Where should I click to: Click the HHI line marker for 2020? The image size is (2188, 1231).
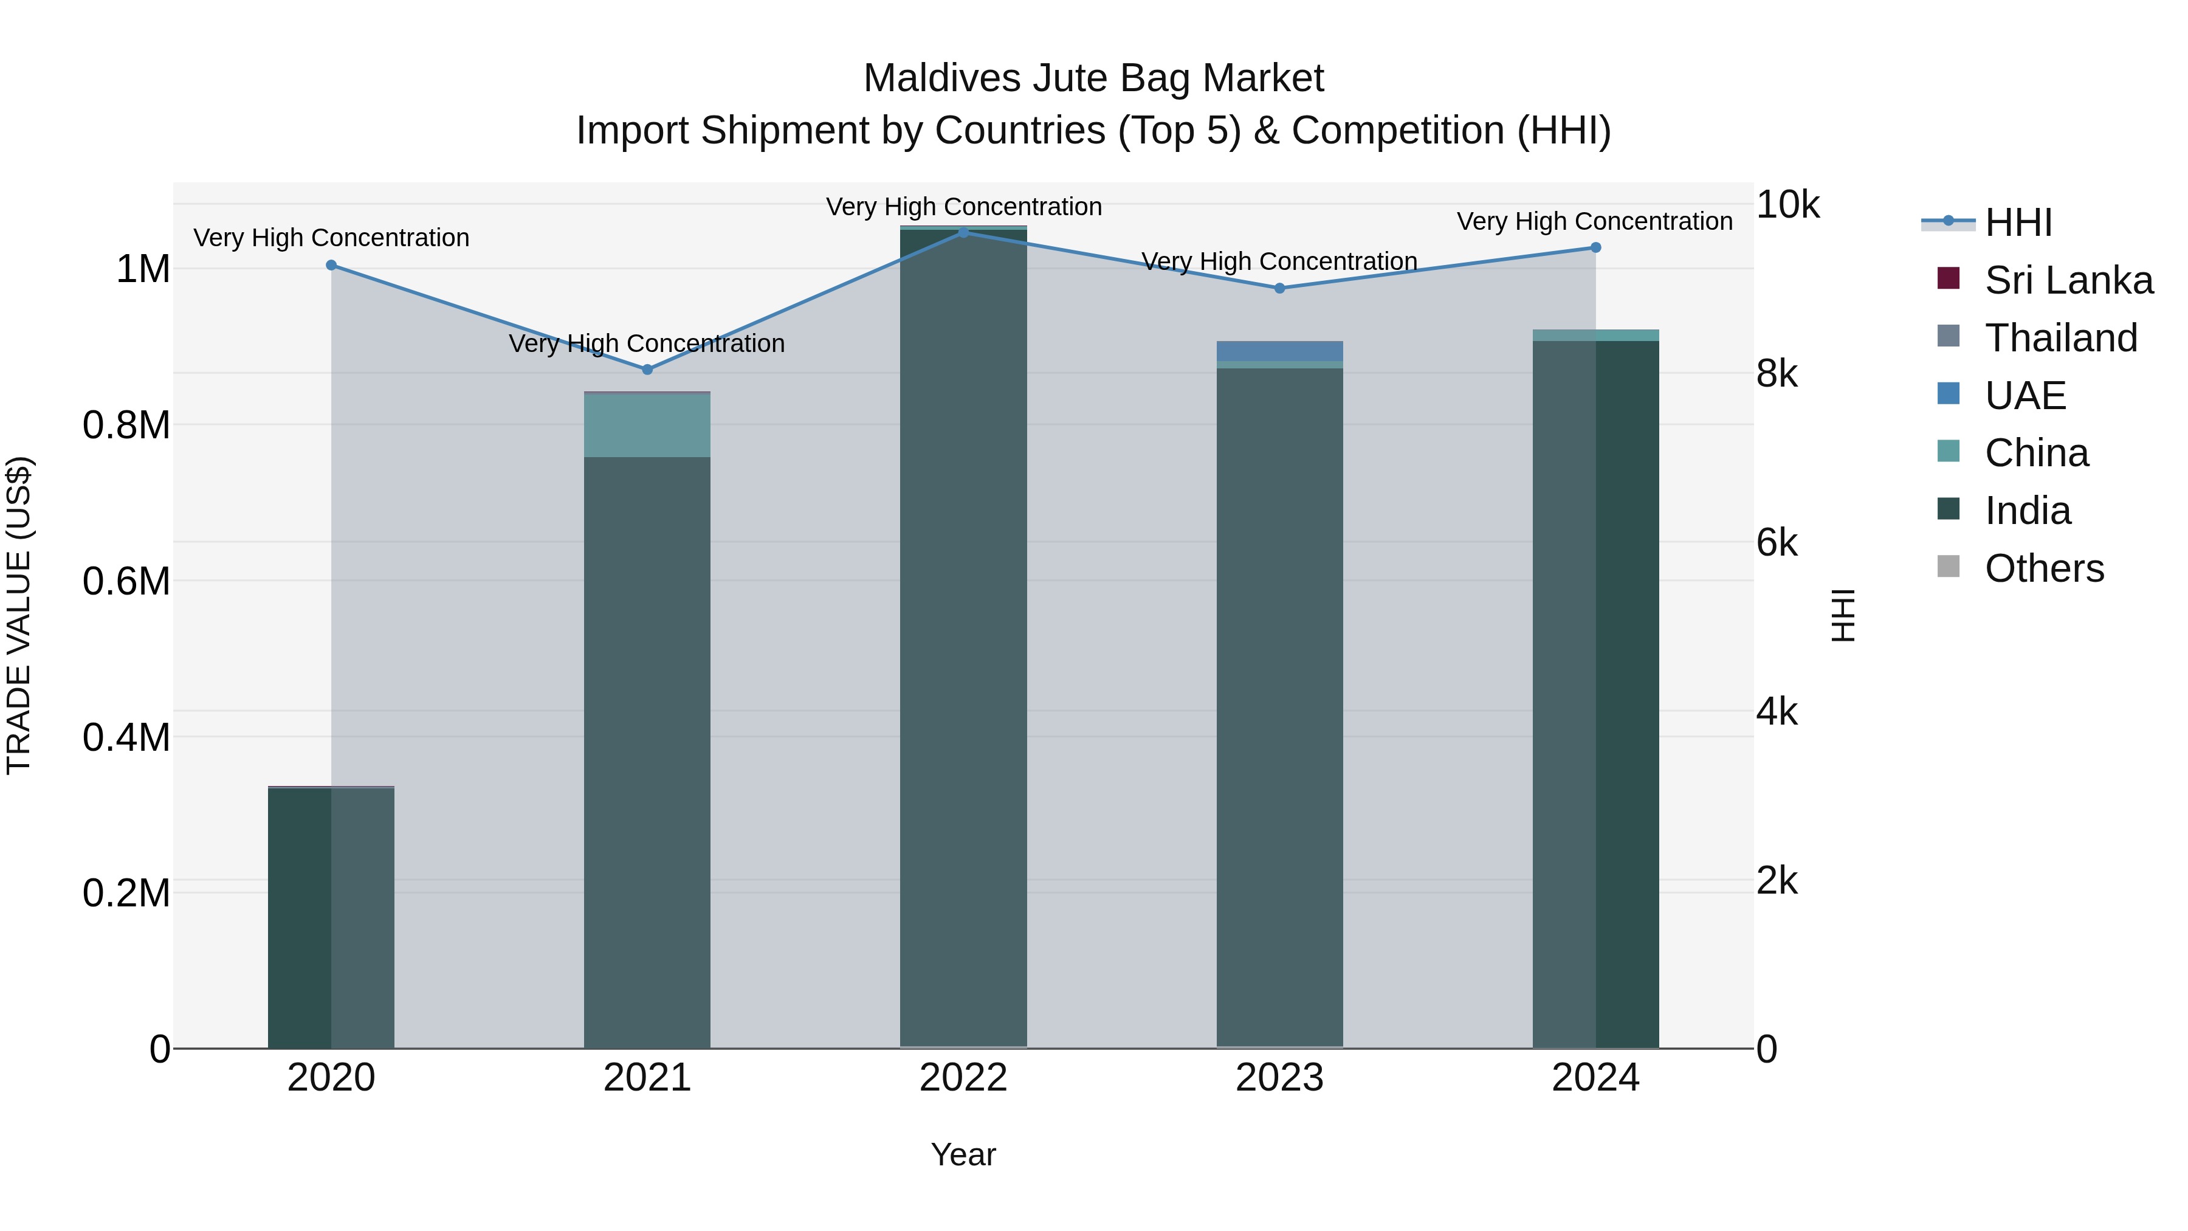point(331,265)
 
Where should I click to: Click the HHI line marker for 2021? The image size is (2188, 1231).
point(647,370)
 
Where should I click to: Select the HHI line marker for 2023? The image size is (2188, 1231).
point(1279,288)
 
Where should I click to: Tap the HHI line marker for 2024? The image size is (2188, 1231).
point(1595,247)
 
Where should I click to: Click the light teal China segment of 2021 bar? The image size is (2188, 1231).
point(647,425)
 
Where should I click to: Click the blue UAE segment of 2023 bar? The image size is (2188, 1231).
point(1279,351)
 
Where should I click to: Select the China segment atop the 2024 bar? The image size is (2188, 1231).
point(1595,336)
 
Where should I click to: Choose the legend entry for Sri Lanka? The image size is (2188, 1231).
point(2068,280)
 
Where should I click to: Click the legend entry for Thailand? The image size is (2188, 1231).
point(2060,338)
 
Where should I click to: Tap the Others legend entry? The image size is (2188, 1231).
point(2043,568)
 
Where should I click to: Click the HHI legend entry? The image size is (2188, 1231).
point(2017,222)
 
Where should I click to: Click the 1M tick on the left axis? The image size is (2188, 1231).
point(143,269)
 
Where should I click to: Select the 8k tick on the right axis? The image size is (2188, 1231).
point(1777,374)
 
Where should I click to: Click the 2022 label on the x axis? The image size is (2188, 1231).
point(963,1078)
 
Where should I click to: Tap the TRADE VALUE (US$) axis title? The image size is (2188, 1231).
point(19,615)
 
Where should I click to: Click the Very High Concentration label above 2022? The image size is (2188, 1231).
point(963,207)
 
